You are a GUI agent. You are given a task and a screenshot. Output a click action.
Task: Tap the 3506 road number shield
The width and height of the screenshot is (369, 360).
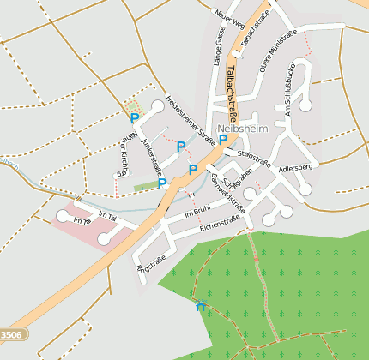pyautogui.click(x=11, y=334)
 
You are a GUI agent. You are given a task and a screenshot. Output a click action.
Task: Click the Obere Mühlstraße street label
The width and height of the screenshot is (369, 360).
pyautogui.click(x=277, y=51)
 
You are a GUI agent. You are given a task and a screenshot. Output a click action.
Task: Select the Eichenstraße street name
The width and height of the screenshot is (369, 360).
pyautogui.click(x=220, y=222)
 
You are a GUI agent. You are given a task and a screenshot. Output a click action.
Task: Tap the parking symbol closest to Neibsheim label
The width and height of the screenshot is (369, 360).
pyautogui.click(x=223, y=139)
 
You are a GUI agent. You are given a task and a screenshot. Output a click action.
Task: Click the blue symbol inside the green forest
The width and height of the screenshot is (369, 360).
pyautogui.click(x=201, y=306)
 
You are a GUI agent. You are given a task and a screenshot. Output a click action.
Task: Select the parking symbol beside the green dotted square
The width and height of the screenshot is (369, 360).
pyautogui.click(x=134, y=118)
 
